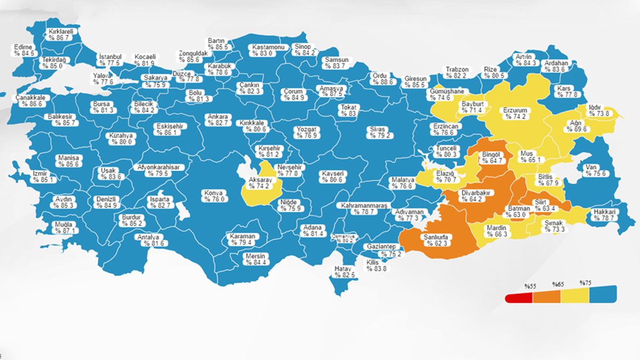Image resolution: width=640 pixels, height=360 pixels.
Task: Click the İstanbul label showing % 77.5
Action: point(110,60)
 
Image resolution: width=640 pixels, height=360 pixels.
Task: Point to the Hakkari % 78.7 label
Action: point(604,214)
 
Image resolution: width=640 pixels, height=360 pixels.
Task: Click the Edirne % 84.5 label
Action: point(24,50)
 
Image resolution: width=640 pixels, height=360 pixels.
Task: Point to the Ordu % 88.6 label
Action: point(382,79)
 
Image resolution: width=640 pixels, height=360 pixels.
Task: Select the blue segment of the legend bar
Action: point(603,294)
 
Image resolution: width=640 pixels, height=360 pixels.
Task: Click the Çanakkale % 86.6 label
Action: point(29,101)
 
